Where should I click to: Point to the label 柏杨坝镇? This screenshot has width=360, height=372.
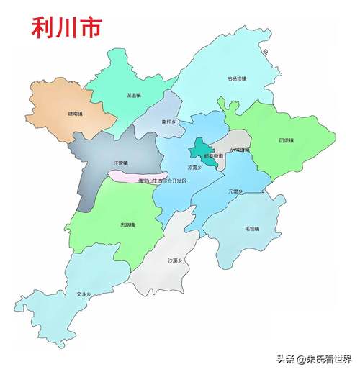point(236,78)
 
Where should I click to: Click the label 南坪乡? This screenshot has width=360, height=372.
point(168,122)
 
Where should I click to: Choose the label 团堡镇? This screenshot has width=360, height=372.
point(286,140)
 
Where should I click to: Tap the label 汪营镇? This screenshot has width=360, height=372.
point(120,163)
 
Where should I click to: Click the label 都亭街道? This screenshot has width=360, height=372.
point(214,155)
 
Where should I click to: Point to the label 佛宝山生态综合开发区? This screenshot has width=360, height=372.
point(162,181)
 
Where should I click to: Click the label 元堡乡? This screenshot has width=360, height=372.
point(235,191)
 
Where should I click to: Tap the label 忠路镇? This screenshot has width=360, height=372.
point(128,224)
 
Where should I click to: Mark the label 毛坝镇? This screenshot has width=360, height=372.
point(251,229)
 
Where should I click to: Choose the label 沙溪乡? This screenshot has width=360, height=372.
point(175,260)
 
